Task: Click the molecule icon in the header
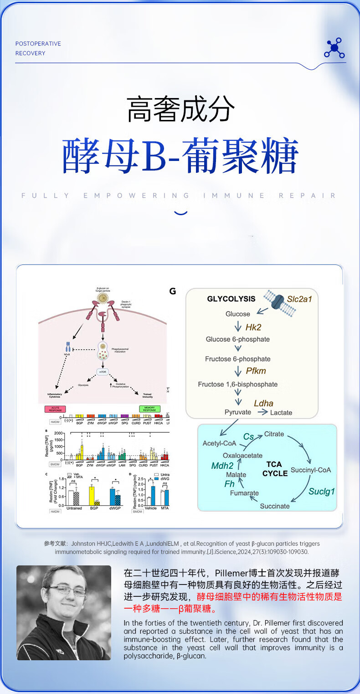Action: pos(334,48)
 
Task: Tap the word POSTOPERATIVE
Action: pos(38,44)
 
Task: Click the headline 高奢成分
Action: pos(180,110)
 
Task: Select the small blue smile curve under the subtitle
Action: pos(181,212)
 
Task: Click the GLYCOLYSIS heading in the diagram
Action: pos(231,299)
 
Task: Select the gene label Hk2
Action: pos(253,327)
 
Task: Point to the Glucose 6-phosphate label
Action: pos(237,339)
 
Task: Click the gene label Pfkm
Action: pos(256,371)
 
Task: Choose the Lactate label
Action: pos(281,413)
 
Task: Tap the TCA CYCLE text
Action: pos(275,469)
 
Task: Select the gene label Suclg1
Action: pos(321,491)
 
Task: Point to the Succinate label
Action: pos(274,506)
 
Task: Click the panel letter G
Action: pos(172,291)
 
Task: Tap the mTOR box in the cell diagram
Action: pos(103,372)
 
